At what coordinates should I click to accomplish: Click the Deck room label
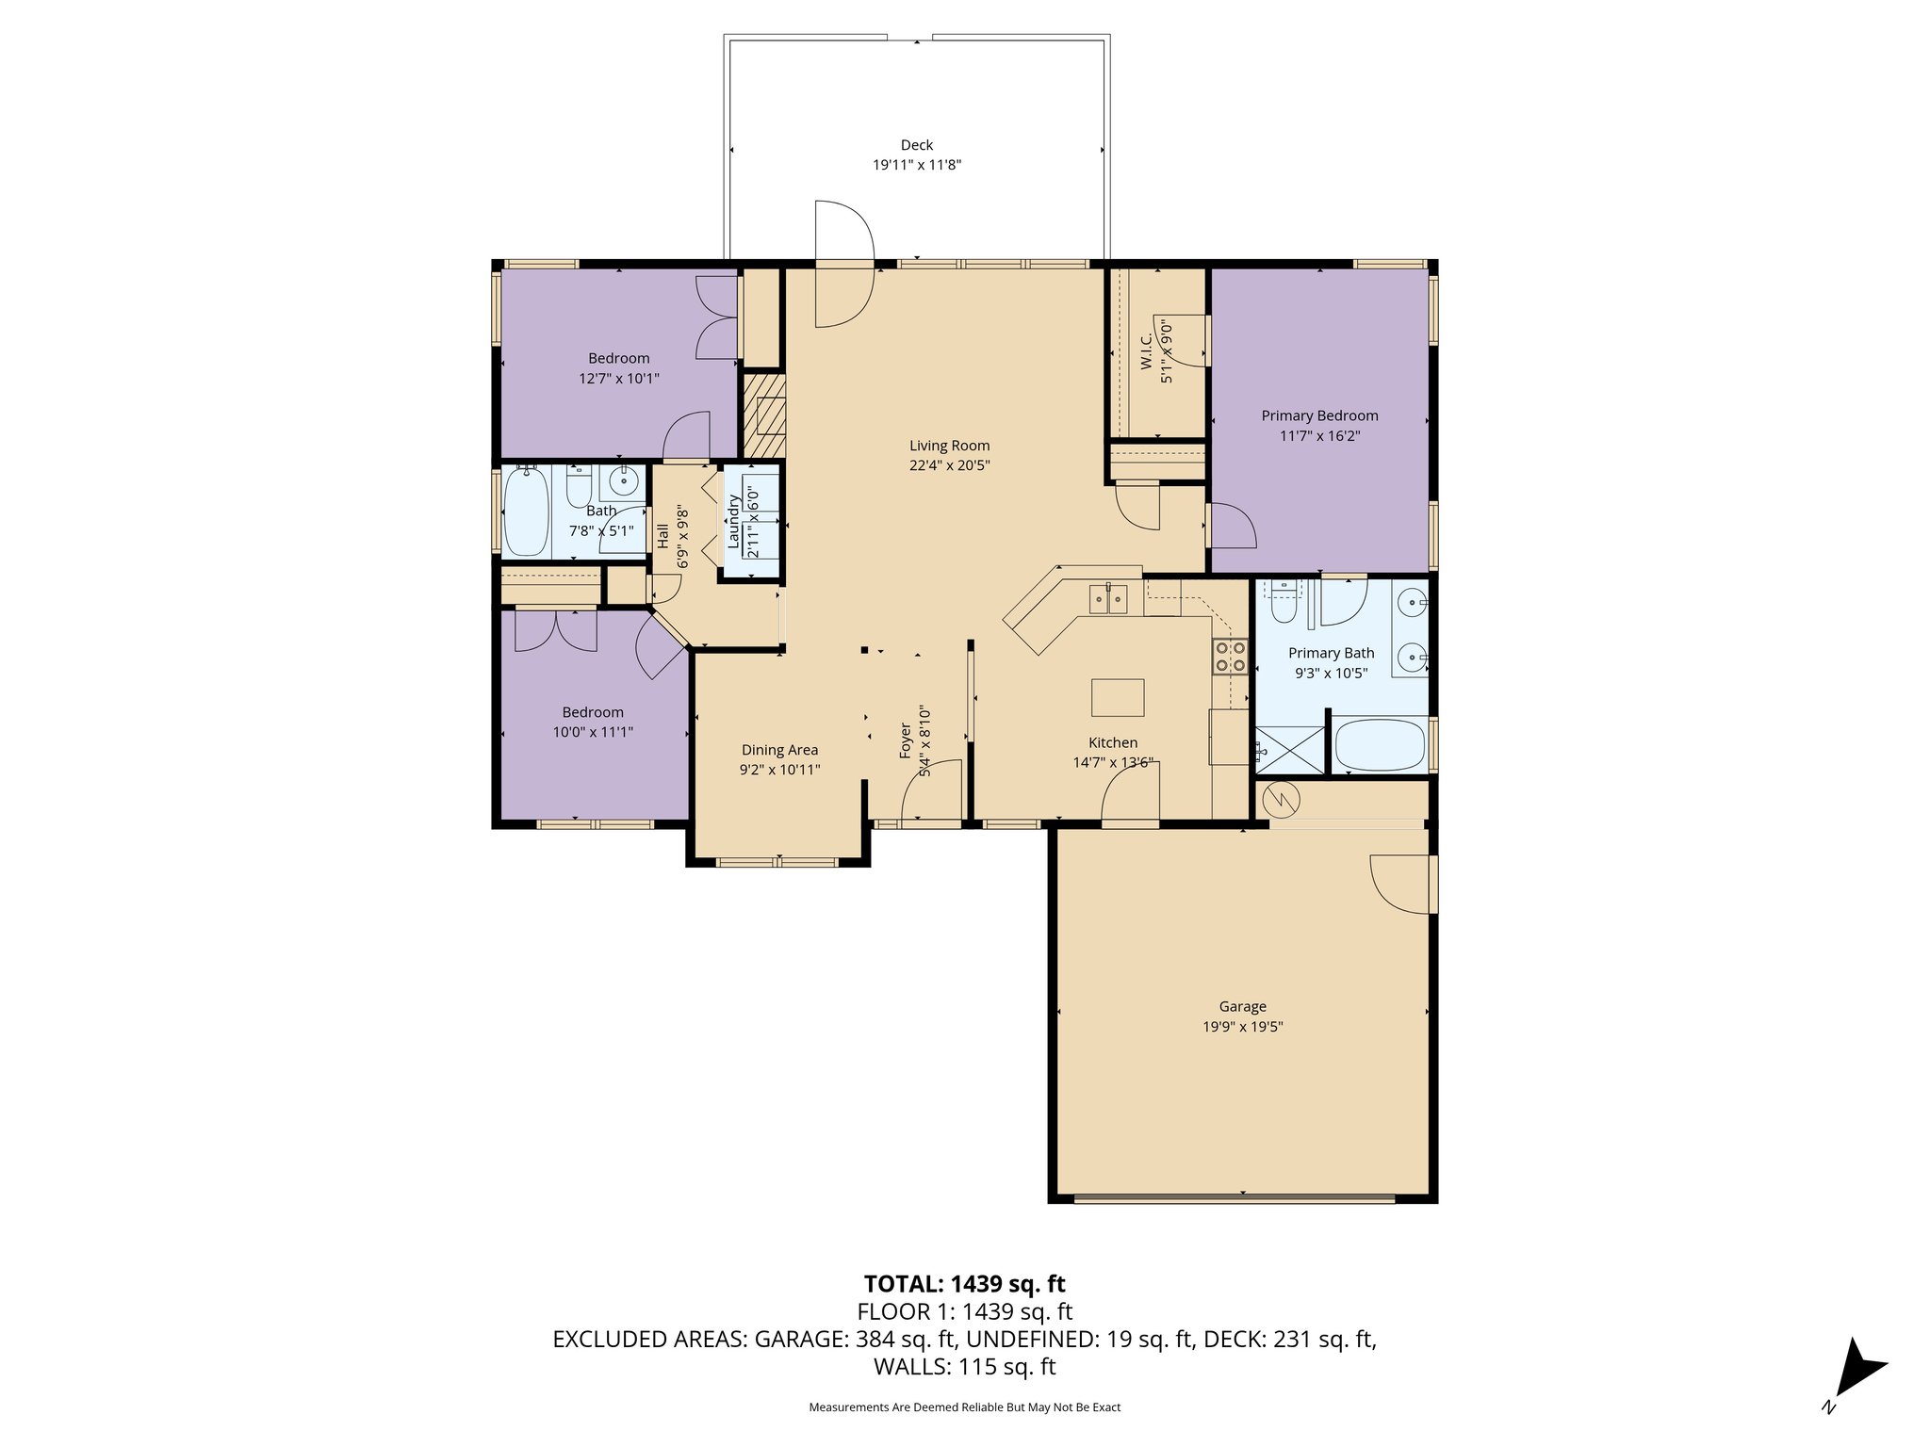click(x=916, y=145)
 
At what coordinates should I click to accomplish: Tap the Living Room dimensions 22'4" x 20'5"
click(x=949, y=465)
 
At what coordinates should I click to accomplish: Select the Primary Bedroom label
click(x=1319, y=415)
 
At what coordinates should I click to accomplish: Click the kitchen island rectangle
click(x=1118, y=697)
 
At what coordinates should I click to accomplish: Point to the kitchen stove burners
click(x=1230, y=656)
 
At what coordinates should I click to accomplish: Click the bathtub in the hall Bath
click(x=527, y=512)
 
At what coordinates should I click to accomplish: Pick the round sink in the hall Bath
click(x=623, y=482)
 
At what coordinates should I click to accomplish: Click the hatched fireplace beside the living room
click(x=763, y=415)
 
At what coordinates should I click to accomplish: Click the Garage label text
click(x=1242, y=1006)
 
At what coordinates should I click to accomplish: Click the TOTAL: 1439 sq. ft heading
click(x=964, y=1283)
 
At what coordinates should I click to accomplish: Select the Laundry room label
click(x=733, y=521)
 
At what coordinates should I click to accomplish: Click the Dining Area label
click(x=779, y=750)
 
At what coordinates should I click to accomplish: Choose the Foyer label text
click(x=906, y=740)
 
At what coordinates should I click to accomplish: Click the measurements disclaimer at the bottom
click(x=964, y=1406)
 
